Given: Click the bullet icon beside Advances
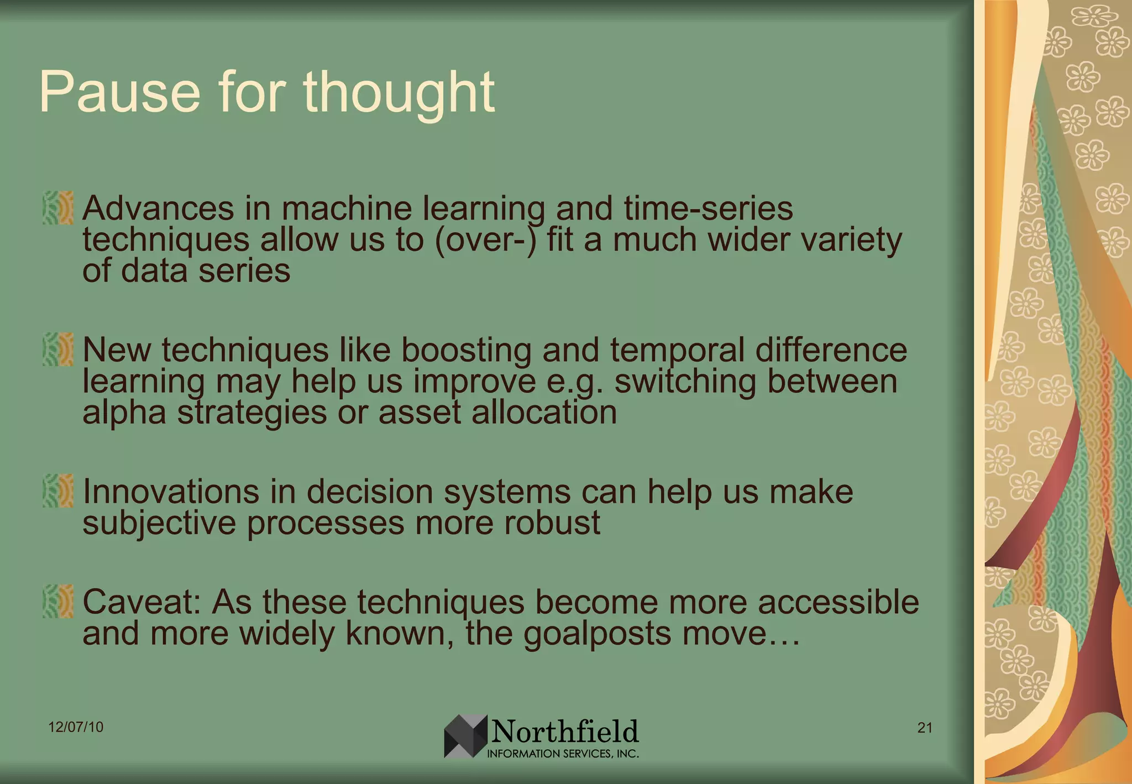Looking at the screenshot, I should [x=58, y=208].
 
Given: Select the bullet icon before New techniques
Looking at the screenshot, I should [x=58, y=349].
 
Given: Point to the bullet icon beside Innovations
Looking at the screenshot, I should [x=58, y=490].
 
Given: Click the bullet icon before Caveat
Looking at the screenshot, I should [x=58, y=601].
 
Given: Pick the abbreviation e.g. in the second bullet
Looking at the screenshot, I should [x=574, y=381].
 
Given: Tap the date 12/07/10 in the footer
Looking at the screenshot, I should [x=76, y=727].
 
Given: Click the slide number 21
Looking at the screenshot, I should [x=925, y=728].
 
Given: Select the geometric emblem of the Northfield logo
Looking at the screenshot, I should [x=465, y=736].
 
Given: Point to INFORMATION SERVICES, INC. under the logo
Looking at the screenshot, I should [x=563, y=754].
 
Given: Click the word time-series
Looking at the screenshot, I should [x=708, y=209].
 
